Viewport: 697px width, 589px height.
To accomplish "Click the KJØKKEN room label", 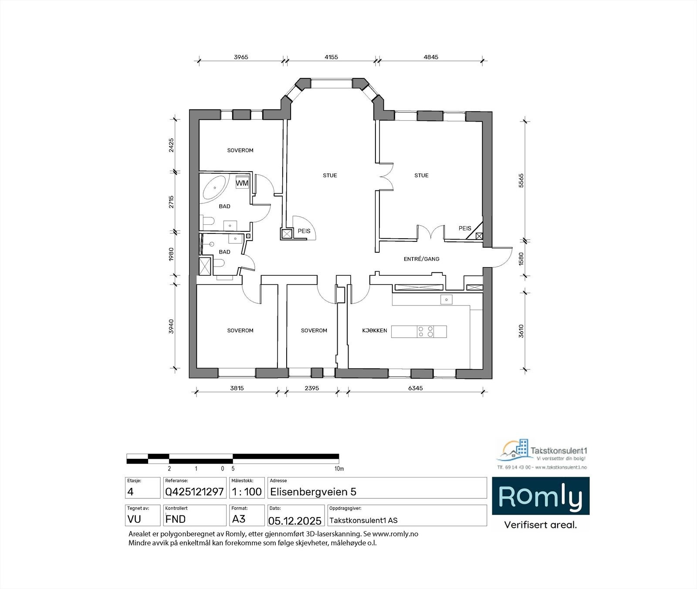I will (375, 331).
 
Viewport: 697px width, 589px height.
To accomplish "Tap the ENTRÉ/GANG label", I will (421, 259).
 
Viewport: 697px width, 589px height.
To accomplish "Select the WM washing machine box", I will (242, 183).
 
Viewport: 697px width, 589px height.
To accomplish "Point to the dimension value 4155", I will (331, 57).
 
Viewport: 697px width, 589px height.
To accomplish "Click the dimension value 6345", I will (415, 388).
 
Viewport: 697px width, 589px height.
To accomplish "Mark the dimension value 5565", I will (521, 180).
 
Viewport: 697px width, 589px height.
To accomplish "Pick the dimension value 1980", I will (171, 254).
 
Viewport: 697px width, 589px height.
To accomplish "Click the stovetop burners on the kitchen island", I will (425, 332).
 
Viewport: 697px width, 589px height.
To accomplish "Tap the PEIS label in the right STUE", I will (465, 228).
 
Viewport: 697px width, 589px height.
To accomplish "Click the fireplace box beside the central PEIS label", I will (287, 234).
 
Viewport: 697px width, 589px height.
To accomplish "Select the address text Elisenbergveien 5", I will (313, 492).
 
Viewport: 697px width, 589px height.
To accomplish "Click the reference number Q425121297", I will (194, 492).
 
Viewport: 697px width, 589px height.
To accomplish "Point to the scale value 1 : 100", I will (247, 492).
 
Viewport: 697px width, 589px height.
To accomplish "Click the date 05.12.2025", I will (295, 521).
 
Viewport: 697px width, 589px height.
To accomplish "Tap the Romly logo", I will (540, 496).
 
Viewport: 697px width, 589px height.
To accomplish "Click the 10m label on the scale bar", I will (339, 469).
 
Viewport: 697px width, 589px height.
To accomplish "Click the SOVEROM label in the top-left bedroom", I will (240, 150).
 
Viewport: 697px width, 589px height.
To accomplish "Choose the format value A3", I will (239, 519).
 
